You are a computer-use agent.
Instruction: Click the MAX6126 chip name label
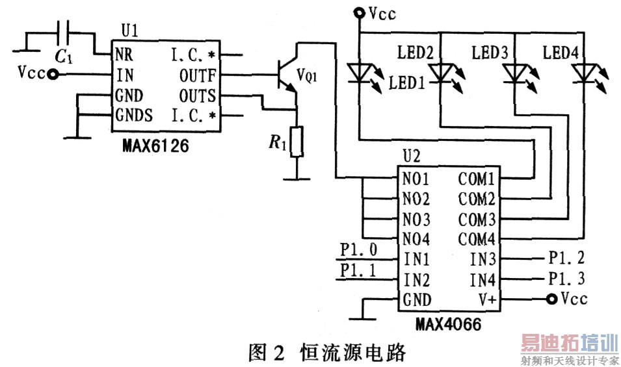click(155, 146)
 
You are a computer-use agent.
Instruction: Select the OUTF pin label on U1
click(197, 75)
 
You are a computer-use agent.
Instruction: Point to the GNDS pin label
click(135, 116)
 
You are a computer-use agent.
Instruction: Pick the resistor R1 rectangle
click(297, 142)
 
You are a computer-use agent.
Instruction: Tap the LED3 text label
click(489, 52)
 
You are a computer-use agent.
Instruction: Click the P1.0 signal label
click(358, 249)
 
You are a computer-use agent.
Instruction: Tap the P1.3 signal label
click(566, 279)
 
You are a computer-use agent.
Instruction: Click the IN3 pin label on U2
click(483, 260)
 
